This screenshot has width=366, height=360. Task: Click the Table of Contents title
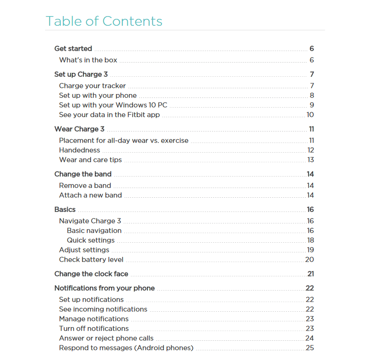click(x=104, y=21)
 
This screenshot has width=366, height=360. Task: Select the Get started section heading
click(x=73, y=49)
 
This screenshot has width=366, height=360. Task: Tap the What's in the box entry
click(x=88, y=60)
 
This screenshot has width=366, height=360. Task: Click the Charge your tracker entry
click(x=92, y=86)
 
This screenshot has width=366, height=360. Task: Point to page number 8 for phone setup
click(x=312, y=96)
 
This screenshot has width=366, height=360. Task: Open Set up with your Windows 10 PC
click(x=113, y=105)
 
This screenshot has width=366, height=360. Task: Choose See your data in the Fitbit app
click(x=109, y=115)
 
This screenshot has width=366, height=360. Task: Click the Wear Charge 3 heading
click(x=79, y=129)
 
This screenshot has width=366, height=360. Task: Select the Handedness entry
click(x=79, y=150)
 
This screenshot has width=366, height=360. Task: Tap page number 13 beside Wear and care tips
click(x=311, y=160)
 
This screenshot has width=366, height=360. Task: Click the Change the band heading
click(x=83, y=174)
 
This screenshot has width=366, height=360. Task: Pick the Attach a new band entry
click(x=90, y=195)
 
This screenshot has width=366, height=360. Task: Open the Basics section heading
click(x=65, y=210)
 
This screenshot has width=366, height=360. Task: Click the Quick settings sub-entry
click(x=91, y=240)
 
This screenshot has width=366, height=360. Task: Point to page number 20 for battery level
click(x=310, y=260)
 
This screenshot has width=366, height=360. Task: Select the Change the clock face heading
click(x=91, y=274)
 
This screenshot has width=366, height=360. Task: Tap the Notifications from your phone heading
click(x=105, y=288)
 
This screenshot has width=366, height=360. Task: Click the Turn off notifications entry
click(x=94, y=329)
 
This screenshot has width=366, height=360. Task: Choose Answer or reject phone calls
click(x=106, y=338)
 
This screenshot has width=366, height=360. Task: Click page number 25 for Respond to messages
click(x=310, y=348)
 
